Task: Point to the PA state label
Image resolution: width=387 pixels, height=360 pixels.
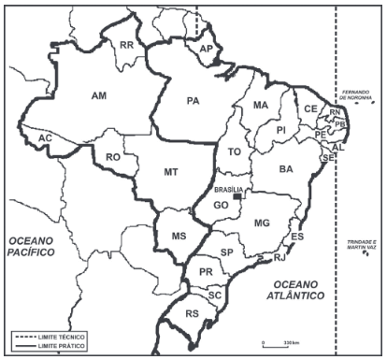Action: tap(194, 100)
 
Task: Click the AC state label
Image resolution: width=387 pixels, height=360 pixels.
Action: tap(45, 138)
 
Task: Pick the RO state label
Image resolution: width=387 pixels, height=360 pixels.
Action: tap(113, 158)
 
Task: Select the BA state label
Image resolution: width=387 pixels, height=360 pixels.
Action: tap(286, 169)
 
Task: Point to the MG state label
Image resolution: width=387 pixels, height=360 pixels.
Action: tap(262, 222)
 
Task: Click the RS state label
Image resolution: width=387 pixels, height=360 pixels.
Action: tap(194, 313)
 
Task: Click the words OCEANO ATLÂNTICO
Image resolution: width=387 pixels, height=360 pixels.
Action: tap(294, 288)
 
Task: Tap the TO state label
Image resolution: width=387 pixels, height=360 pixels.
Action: tap(234, 151)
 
